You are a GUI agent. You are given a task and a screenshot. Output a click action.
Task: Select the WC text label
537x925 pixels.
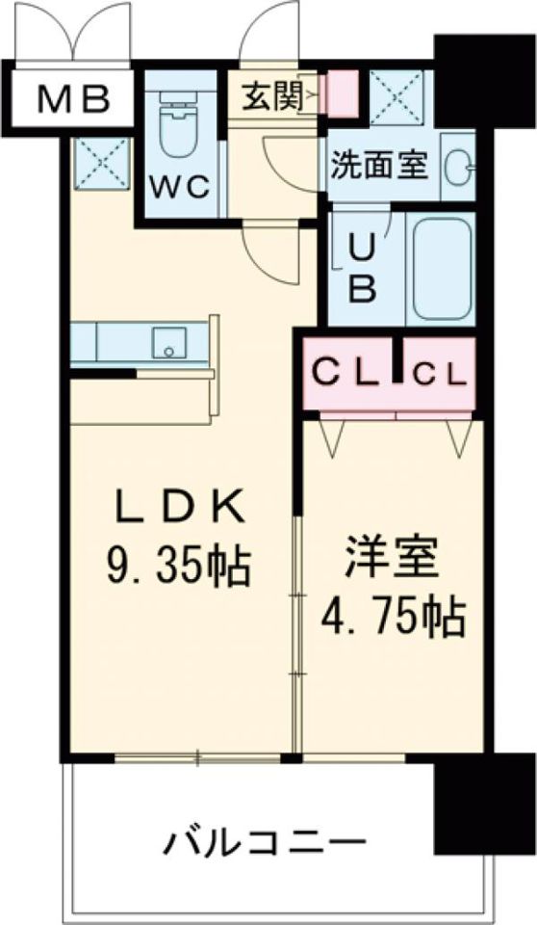point(179,187)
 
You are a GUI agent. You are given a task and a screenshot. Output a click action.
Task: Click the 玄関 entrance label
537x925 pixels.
point(272,94)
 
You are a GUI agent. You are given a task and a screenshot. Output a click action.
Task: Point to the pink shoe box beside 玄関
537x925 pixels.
point(341,93)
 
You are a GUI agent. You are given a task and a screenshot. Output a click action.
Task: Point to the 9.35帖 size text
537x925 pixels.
point(179,566)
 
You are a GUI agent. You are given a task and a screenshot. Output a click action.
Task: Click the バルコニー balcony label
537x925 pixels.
point(265,844)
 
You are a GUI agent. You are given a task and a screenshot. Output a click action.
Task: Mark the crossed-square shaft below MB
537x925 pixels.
point(100,158)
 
